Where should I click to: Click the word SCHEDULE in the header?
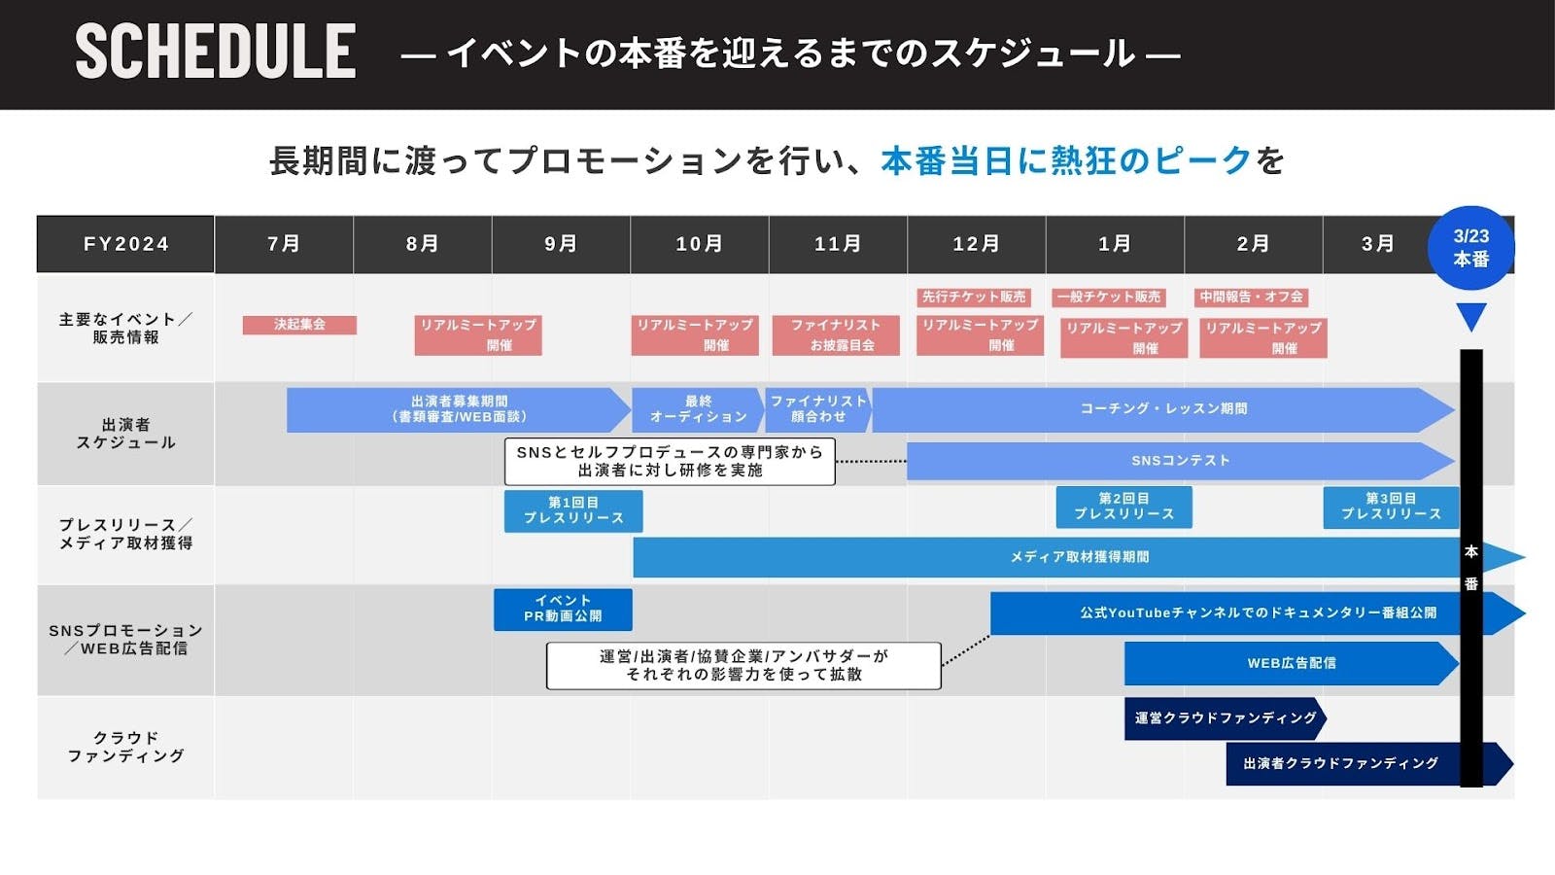pyautogui.click(x=216, y=52)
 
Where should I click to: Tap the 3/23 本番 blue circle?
pyautogui.click(x=1470, y=248)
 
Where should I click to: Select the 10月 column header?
pyautogui.click(x=699, y=244)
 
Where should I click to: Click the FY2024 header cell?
pyautogui.click(x=125, y=244)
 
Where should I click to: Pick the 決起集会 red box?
pyautogui.click(x=299, y=325)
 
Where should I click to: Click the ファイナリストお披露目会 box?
pyautogui.click(x=836, y=334)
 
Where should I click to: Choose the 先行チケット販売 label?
pyautogui.click(x=973, y=297)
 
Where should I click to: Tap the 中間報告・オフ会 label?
pyautogui.click(x=1252, y=297)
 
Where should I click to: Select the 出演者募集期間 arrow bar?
pyautogui.click(x=457, y=409)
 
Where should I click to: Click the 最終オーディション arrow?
pyautogui.click(x=697, y=409)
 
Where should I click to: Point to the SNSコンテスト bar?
pyautogui.click(x=1179, y=461)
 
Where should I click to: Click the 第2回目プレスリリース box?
pyautogui.click(x=1123, y=507)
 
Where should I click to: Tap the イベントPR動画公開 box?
pyautogui.click(x=563, y=610)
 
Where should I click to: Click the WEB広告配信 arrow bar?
pyautogui.click(x=1291, y=663)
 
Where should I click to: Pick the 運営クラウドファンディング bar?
pyautogui.click(x=1225, y=718)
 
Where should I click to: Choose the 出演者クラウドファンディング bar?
pyautogui.click(x=1341, y=763)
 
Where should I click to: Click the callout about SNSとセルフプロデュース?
pyautogui.click(x=670, y=461)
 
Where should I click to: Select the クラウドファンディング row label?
pyautogui.click(x=125, y=747)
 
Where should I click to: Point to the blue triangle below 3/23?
pyautogui.click(x=1471, y=316)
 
